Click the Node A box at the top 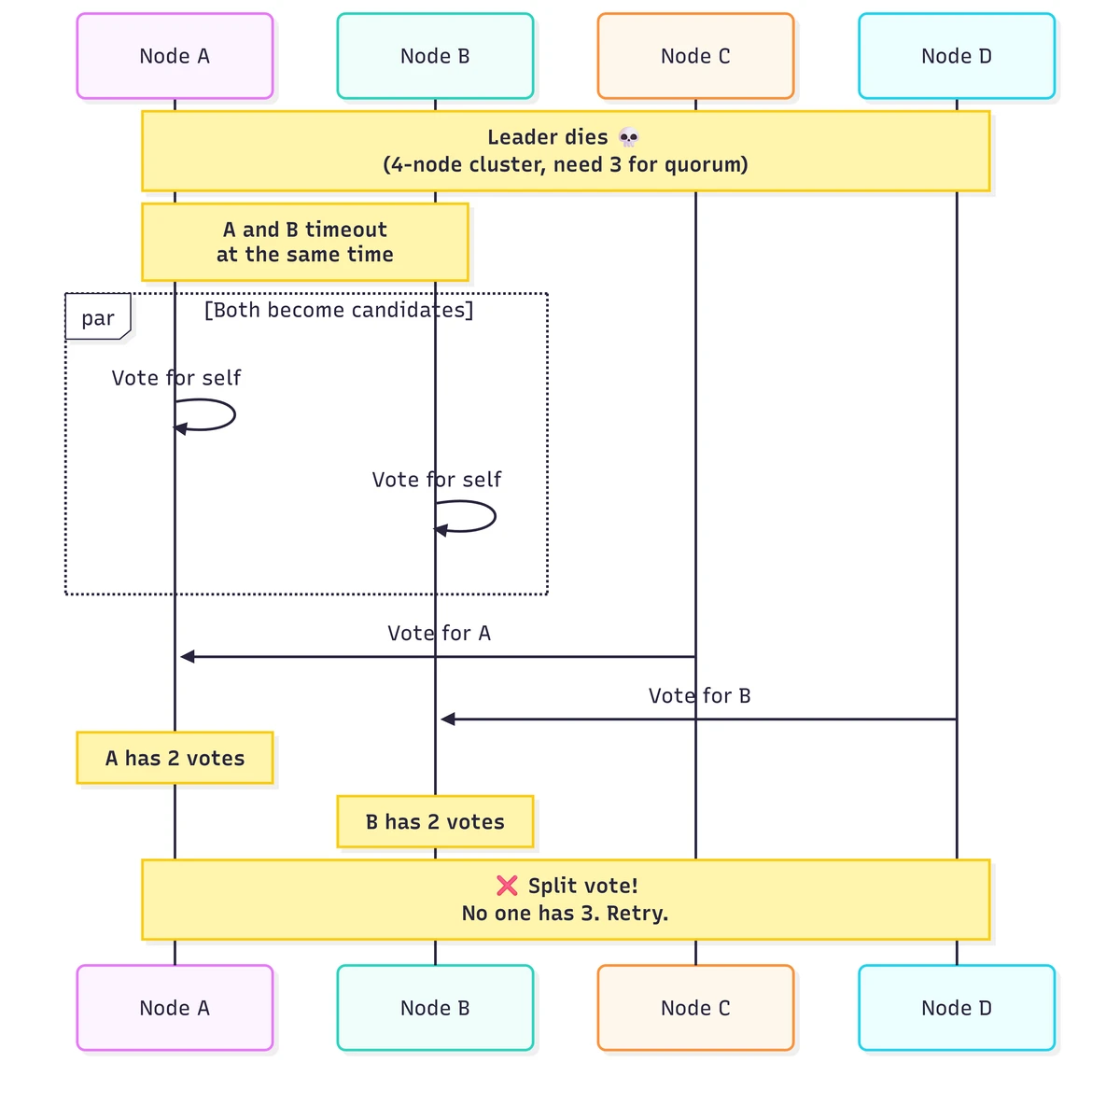(x=175, y=56)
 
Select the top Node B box (x=435, y=56)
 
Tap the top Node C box (x=695, y=56)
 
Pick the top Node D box (x=956, y=56)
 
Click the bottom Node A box (x=175, y=1008)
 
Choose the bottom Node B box (x=435, y=1008)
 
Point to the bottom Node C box (x=695, y=1008)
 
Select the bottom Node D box (x=956, y=1008)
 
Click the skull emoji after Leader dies (x=628, y=137)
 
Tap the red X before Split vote (x=507, y=886)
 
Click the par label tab (x=98, y=316)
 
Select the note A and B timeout (x=304, y=242)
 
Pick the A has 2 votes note (x=175, y=758)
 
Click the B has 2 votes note (x=435, y=821)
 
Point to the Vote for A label (x=439, y=633)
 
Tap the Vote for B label (x=699, y=695)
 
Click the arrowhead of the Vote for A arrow (x=188, y=656)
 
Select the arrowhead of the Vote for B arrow (x=448, y=720)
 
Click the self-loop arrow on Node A (x=234, y=414)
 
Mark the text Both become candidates (x=339, y=310)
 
